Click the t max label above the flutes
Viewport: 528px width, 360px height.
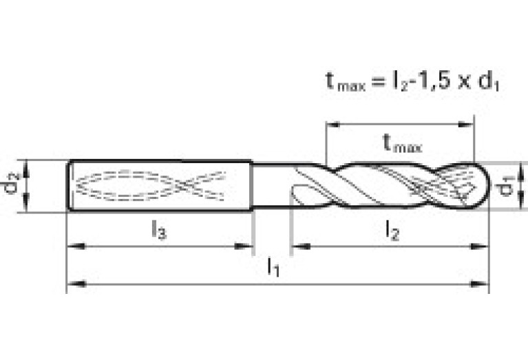(x=401, y=143)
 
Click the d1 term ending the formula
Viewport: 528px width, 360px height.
(x=489, y=83)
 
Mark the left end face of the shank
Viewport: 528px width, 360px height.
(x=68, y=185)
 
